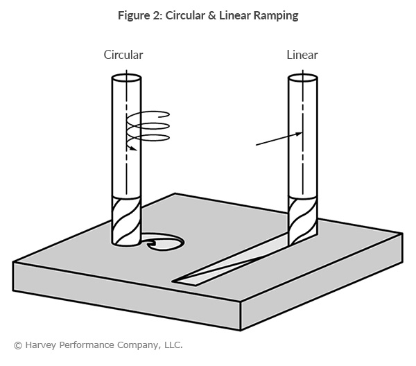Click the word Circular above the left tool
[x=125, y=55]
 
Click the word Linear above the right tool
[x=302, y=55]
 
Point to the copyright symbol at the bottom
[x=17, y=345]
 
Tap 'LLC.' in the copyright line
[x=171, y=345]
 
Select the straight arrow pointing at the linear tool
[x=277, y=139]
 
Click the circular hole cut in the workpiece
[x=163, y=243]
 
